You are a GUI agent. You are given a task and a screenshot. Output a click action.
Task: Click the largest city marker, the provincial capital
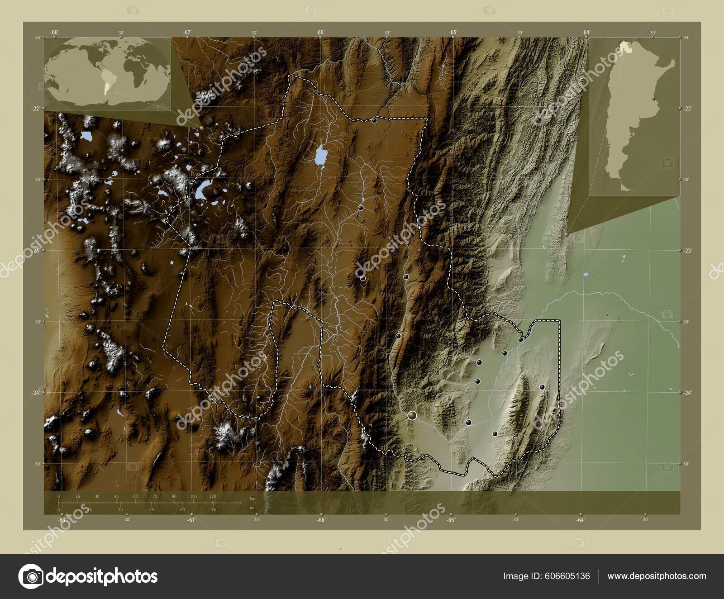click(412, 415)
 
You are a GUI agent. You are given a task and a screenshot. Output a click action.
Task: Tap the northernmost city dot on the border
click(374, 120)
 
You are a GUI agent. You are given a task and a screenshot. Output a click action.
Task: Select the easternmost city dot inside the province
click(542, 387)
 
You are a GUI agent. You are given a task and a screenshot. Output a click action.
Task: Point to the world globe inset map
click(109, 72)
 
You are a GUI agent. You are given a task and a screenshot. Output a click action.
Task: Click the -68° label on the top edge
click(54, 32)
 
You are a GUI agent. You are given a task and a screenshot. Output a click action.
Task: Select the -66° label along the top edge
click(320, 32)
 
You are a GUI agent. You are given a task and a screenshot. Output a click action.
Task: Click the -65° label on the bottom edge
click(451, 520)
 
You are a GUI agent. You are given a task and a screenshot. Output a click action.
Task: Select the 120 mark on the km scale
click(213, 496)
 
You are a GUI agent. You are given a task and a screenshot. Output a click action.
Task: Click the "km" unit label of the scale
click(252, 499)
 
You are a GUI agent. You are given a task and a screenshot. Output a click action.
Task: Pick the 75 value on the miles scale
click(214, 510)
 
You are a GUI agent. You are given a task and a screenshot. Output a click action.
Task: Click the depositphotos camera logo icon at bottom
click(31, 576)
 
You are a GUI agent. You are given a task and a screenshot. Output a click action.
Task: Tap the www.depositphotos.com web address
click(657, 576)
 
